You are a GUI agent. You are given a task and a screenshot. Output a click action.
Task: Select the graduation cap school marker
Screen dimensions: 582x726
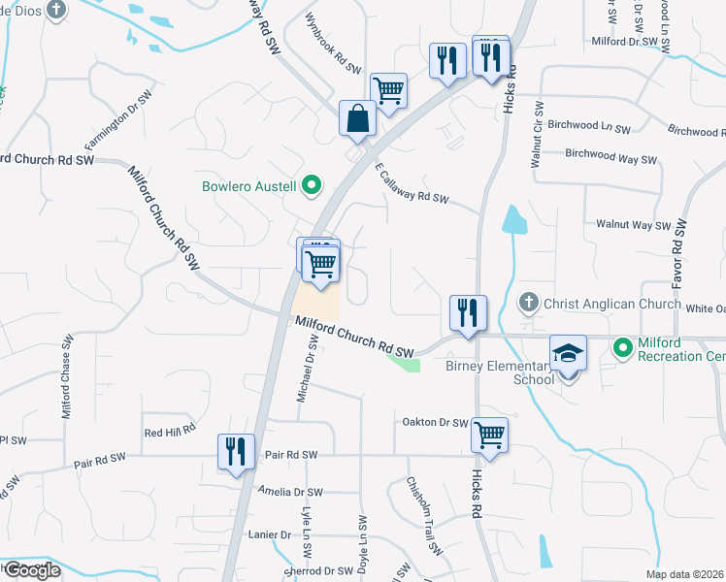[569, 354]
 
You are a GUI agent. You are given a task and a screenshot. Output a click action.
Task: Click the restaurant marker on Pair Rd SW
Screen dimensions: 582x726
[237, 451]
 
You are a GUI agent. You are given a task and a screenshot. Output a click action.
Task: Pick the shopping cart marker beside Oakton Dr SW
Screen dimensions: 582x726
[490, 435]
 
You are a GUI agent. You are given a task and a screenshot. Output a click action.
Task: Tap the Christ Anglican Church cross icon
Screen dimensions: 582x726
[530, 304]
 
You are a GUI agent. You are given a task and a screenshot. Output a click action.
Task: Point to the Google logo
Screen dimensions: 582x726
[31, 569]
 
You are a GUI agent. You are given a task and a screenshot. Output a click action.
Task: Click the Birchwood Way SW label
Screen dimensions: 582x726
[610, 155]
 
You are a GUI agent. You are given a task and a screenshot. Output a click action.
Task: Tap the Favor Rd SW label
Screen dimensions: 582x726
[680, 254]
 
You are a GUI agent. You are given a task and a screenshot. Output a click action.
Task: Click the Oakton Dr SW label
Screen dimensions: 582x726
[435, 422]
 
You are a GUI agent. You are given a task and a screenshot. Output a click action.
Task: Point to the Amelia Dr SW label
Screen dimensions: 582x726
[289, 492]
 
